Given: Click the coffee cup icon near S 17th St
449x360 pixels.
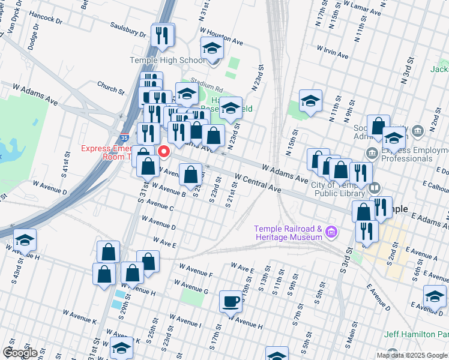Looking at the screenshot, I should [x=231, y=301].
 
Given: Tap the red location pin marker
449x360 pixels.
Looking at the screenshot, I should [x=163, y=150].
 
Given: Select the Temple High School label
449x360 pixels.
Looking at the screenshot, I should [x=167, y=61].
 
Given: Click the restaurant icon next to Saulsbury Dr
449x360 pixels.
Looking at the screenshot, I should [x=162, y=35].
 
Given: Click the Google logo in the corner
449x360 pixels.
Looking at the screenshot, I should [x=20, y=353].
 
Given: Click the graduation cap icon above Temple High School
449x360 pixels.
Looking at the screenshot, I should [x=212, y=49].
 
